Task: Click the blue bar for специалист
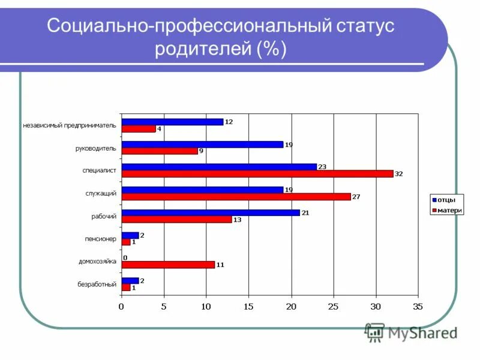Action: pyautogui.click(x=219, y=167)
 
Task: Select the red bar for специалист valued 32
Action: pyautogui.click(x=257, y=174)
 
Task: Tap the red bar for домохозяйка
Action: pyautogui.click(x=168, y=265)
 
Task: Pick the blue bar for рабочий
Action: pyautogui.click(x=211, y=212)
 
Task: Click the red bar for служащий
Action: pyautogui.click(x=236, y=196)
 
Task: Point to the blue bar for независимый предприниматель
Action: pyautogui.click(x=172, y=122)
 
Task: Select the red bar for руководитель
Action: pyautogui.click(x=160, y=151)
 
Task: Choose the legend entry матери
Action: pyautogui.click(x=447, y=211)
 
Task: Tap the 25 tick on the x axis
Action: pyautogui.click(x=334, y=307)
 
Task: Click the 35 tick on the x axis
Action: pyautogui.click(x=418, y=307)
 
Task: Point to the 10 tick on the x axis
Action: pyautogui.click(x=206, y=307)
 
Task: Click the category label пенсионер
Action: pyautogui.click(x=100, y=239)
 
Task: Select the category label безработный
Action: pyautogui.click(x=97, y=284)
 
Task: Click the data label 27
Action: pyautogui.click(x=356, y=197)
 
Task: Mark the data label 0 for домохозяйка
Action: pyautogui.click(x=125, y=258)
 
